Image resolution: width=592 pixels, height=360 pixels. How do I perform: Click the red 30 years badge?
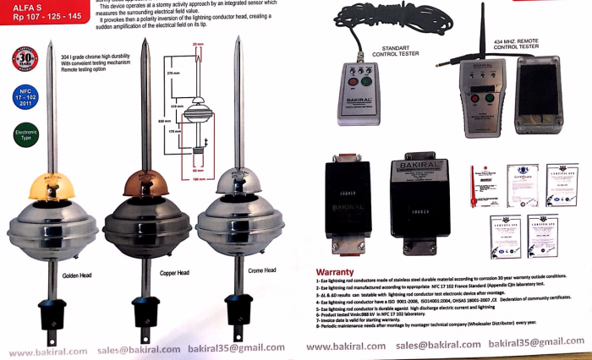pyautogui.click(x=25, y=59)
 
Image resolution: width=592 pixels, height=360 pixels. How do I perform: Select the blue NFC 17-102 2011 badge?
pyautogui.click(x=25, y=97)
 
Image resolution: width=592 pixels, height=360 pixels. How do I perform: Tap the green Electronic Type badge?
pyautogui.click(x=25, y=134)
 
